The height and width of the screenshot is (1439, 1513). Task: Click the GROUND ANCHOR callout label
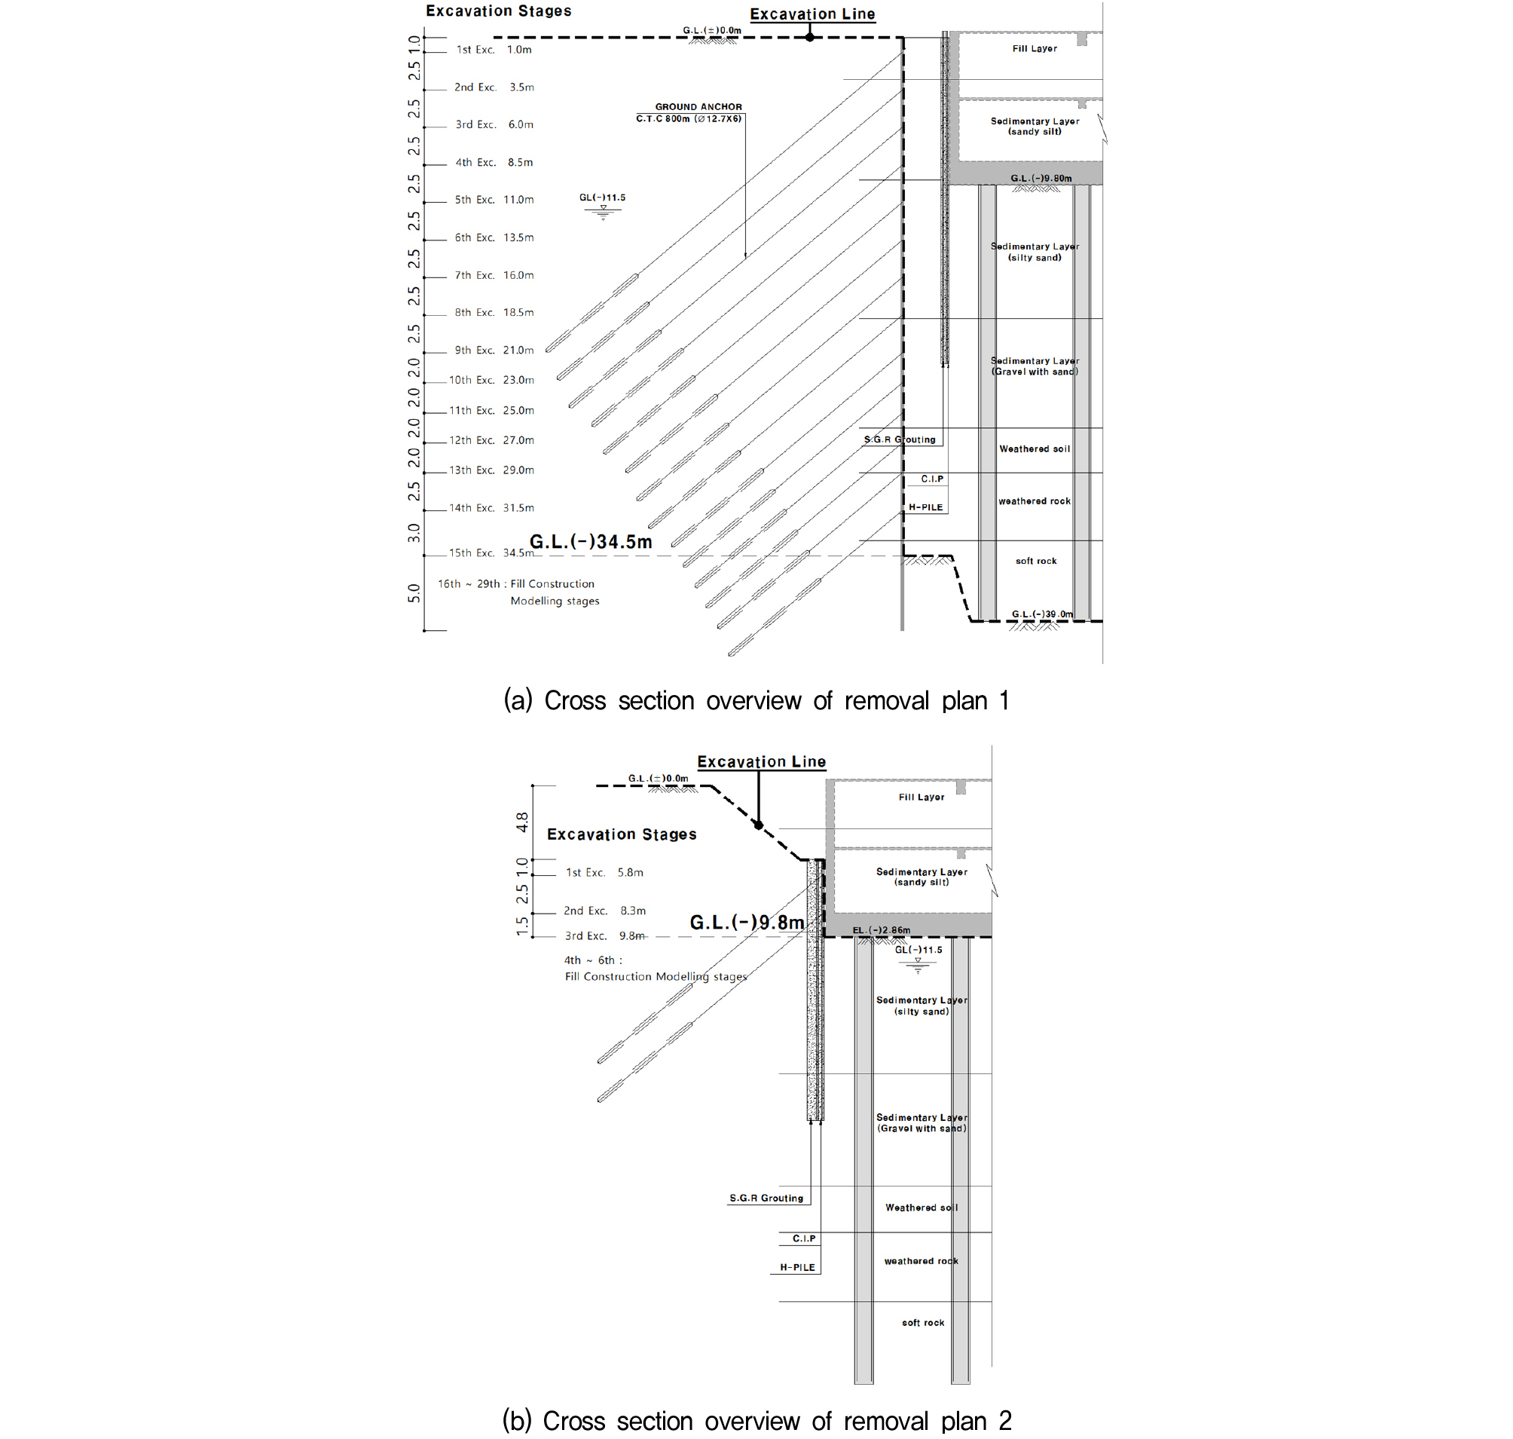pos(698,106)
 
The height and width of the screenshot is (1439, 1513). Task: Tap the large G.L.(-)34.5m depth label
pos(591,542)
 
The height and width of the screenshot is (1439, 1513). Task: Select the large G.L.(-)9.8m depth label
pos(747,922)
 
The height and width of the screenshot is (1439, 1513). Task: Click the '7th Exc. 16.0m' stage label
pos(494,275)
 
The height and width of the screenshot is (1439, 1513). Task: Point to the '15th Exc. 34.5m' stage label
pos(491,553)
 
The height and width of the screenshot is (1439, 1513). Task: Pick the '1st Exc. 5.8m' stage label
pos(604,872)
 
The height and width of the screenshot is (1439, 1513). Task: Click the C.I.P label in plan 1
pos(932,479)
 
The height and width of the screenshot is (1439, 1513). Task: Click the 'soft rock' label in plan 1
pos(1036,561)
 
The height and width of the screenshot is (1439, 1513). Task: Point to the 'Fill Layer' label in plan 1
pos(1035,48)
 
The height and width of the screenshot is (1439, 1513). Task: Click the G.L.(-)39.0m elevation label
pos(1042,614)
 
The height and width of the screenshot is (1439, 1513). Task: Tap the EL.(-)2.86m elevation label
pos(881,929)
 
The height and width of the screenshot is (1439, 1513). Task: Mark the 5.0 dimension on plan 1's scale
pos(414,593)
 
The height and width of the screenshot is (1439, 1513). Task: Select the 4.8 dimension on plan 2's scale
pos(522,822)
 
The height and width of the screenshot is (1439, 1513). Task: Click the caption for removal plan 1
pos(756,700)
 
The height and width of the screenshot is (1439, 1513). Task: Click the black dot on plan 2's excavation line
pos(759,825)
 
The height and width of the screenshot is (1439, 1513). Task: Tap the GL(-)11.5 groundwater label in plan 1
pos(602,197)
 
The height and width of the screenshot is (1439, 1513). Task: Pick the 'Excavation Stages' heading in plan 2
pos(621,834)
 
